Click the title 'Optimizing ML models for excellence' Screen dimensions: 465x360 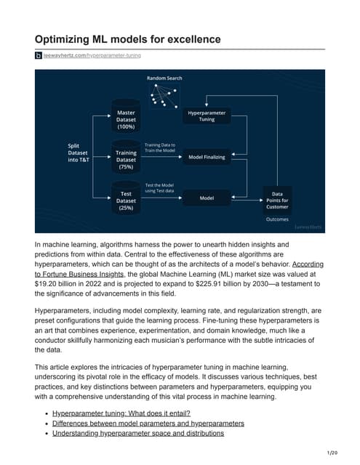coord(127,39)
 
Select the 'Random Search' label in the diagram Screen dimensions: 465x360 coord(164,78)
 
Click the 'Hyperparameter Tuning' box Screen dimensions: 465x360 coord(207,117)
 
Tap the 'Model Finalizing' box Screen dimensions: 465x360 coord(207,157)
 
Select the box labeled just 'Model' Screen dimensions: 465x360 coord(207,198)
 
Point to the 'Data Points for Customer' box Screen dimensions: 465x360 coord(277,198)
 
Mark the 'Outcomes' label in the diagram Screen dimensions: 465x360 coord(276,219)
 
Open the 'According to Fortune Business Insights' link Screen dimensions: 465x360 coord(291,265)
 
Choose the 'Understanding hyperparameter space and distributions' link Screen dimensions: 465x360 coord(137,433)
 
